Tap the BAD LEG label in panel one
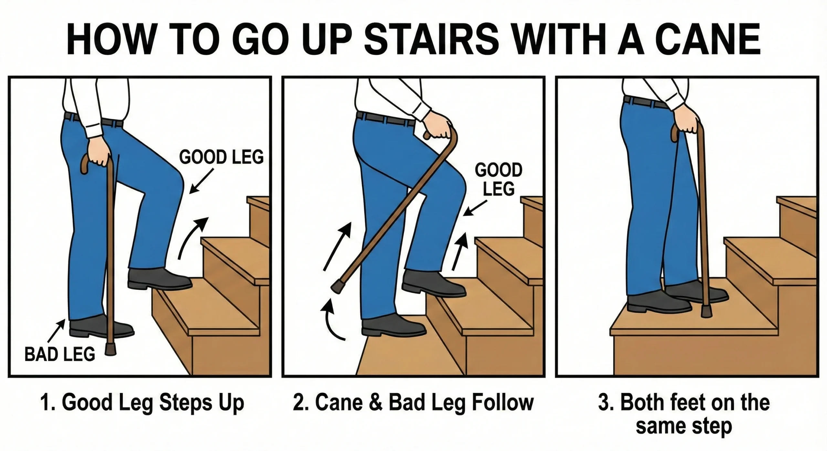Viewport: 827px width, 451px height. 60,354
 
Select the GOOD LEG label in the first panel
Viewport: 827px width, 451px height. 221,157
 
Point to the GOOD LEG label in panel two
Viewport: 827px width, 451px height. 498,179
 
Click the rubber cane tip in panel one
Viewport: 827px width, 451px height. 110,350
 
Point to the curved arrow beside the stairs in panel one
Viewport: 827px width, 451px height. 193,237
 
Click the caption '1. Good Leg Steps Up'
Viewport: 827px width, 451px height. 142,403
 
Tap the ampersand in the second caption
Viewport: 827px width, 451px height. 375,403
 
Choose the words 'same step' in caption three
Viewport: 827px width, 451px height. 684,426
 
